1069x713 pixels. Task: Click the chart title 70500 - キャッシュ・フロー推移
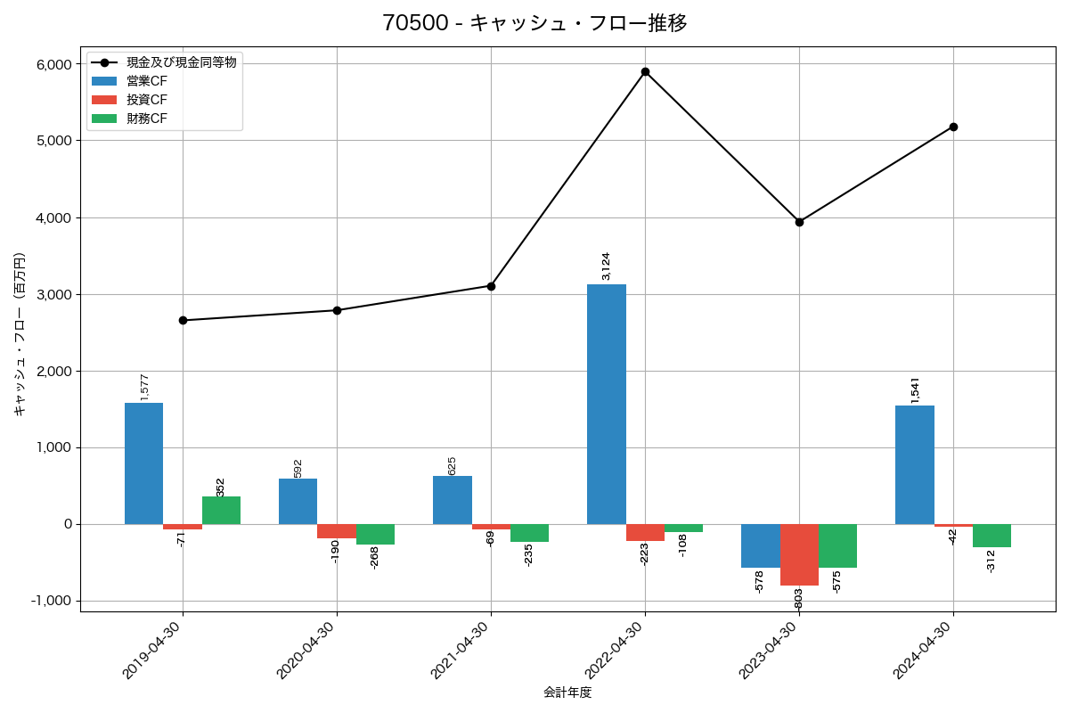(x=534, y=23)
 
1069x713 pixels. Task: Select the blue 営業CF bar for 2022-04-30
(x=607, y=404)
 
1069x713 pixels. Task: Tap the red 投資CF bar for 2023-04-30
(x=799, y=554)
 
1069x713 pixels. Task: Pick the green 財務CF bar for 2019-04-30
(x=221, y=510)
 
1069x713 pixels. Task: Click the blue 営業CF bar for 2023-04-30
(x=760, y=545)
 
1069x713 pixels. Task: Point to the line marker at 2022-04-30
(x=645, y=71)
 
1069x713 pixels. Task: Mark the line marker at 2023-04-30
(x=799, y=222)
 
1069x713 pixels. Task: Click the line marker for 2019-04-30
(x=183, y=320)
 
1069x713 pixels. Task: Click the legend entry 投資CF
(x=146, y=100)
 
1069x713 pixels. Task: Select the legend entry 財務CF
(x=146, y=119)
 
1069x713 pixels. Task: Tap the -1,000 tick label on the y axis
(x=51, y=601)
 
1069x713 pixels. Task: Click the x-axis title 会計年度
(x=567, y=693)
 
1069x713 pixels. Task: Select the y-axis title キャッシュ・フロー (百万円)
(x=20, y=335)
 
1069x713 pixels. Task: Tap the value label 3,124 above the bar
(x=607, y=266)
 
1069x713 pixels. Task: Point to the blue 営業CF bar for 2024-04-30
(x=915, y=464)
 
